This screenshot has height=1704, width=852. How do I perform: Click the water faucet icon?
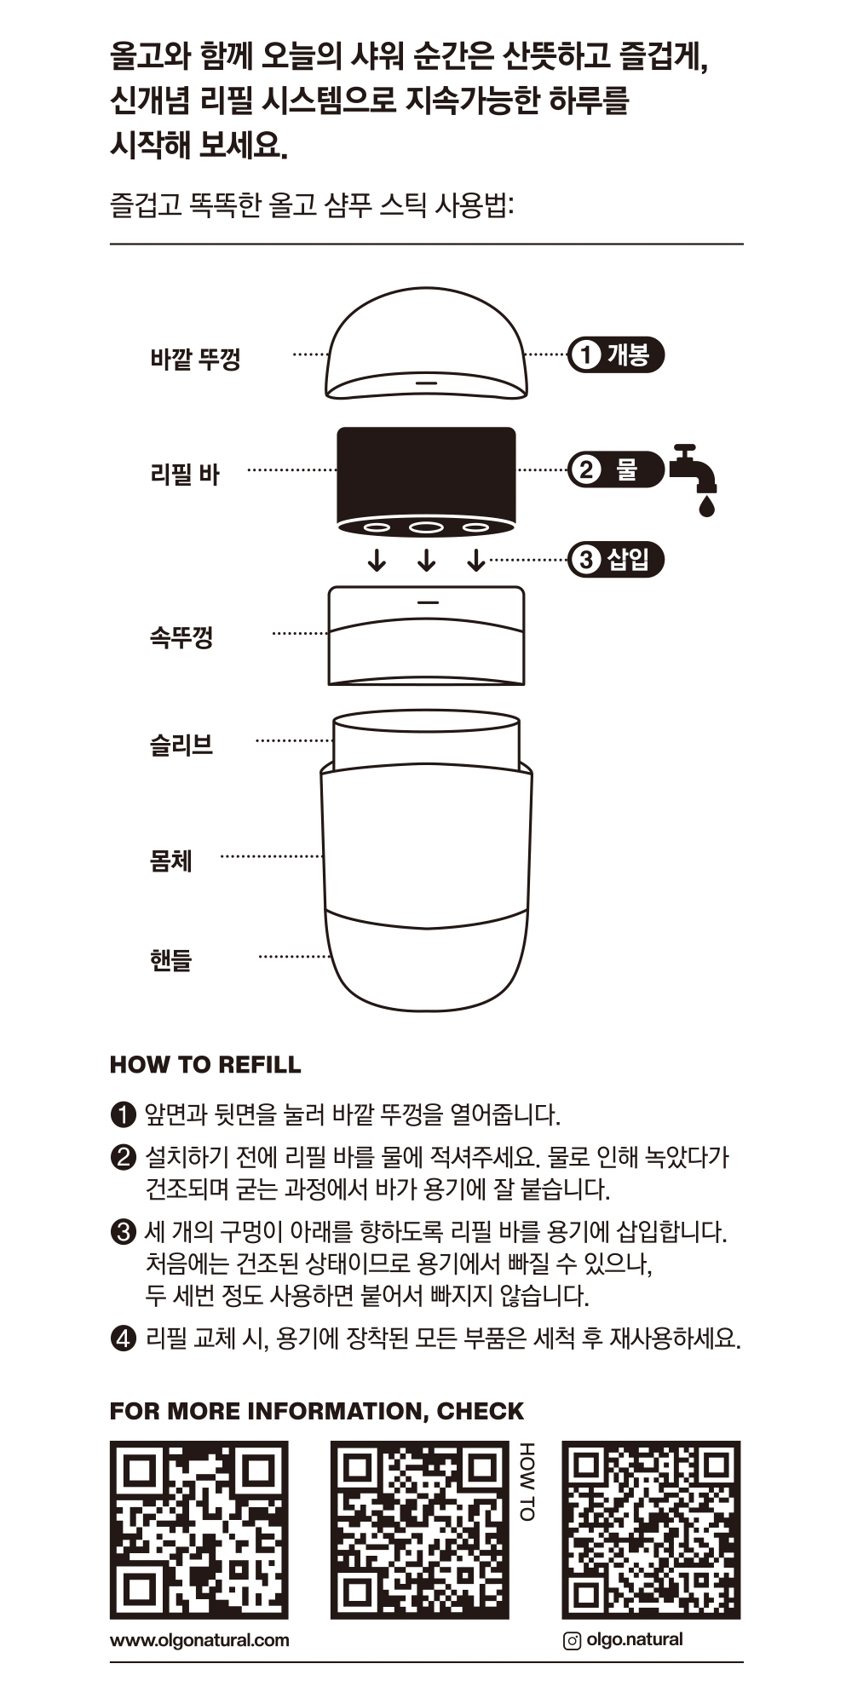[694, 477]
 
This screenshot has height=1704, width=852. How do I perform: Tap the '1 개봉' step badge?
[615, 354]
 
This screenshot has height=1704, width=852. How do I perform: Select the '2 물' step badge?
[615, 469]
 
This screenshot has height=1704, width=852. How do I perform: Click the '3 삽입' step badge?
[615, 560]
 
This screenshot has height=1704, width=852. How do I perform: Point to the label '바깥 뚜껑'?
[195, 359]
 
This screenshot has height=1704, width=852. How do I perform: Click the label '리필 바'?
[185, 474]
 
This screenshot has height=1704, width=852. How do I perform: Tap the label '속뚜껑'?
[181, 636]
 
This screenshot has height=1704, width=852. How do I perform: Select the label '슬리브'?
[181, 745]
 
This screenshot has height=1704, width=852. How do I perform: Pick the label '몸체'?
[171, 861]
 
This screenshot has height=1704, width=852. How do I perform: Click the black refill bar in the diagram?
[426, 473]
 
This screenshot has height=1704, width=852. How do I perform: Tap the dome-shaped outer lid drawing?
[426, 345]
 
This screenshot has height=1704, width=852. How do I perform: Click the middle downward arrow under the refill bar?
[427, 561]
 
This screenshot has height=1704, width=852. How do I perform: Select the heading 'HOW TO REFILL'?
[205, 1065]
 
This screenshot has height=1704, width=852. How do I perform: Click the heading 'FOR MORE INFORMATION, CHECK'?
[317, 1411]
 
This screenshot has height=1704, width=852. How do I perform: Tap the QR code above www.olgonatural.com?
[199, 1529]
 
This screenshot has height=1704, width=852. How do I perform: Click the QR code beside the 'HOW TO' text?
[419, 1529]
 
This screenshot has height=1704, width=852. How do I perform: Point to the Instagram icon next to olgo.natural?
[573, 1641]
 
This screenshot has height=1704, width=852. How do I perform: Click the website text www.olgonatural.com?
[199, 1640]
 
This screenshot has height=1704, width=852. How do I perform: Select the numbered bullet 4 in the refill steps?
[123, 1338]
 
